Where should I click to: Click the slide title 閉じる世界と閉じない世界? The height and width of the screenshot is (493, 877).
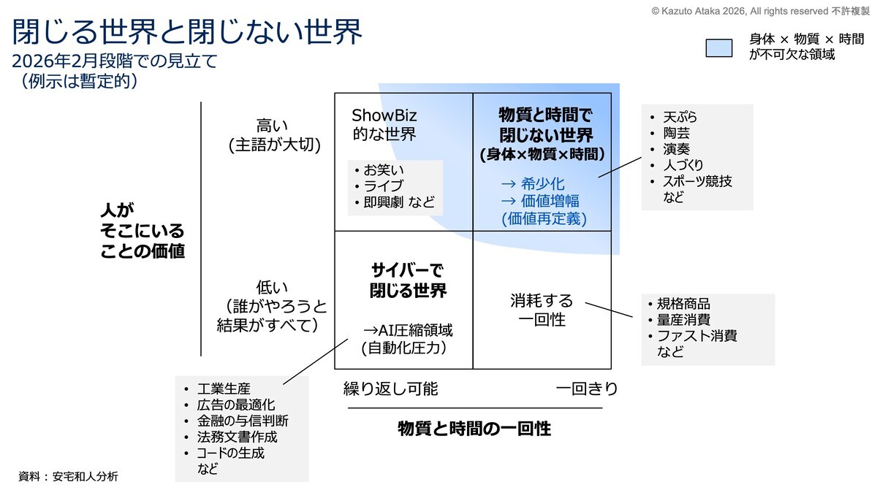click(187, 31)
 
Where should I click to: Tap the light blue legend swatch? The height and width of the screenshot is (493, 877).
click(719, 48)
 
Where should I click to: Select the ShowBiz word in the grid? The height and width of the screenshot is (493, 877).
click(384, 115)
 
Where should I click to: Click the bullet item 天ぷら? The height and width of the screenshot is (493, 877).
click(680, 117)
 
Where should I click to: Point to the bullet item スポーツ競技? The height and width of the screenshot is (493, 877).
click(697, 181)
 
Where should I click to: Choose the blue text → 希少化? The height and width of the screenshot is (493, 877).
click(533, 183)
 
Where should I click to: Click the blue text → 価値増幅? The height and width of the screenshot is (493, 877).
click(540, 201)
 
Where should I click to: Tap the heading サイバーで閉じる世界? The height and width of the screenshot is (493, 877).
click(408, 280)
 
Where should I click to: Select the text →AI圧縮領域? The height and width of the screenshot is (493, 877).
click(408, 331)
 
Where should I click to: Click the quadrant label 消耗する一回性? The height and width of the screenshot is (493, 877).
click(542, 310)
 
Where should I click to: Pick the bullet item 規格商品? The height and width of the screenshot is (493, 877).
click(683, 304)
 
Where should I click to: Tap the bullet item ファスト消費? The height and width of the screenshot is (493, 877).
click(697, 336)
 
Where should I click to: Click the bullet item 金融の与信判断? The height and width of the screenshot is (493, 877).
click(243, 421)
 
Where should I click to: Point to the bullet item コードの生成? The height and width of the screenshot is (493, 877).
click(231, 453)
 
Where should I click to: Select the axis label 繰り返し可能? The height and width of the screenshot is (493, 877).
click(391, 389)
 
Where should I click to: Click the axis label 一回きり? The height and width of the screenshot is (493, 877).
click(586, 389)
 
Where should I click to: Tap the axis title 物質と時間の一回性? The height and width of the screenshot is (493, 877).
click(474, 429)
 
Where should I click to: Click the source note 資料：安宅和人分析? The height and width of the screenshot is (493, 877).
click(68, 476)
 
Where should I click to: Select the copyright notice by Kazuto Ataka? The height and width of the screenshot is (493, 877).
click(760, 11)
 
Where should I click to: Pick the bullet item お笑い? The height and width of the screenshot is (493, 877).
click(383, 169)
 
